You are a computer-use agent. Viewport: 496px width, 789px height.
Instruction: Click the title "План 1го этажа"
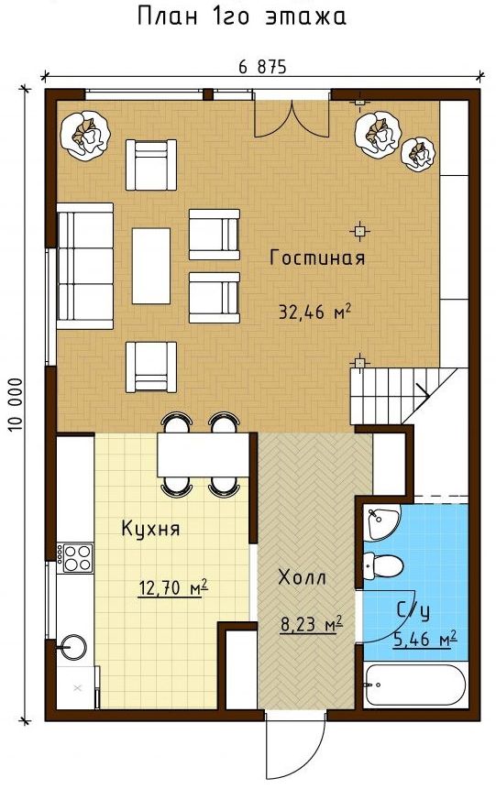(242, 16)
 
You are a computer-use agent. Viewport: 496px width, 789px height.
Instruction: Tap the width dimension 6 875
(262, 66)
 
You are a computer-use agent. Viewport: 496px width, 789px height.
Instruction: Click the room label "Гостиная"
(317, 258)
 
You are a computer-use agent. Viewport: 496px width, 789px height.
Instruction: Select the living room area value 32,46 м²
(314, 312)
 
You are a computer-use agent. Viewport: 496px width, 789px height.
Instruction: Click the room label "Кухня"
(150, 530)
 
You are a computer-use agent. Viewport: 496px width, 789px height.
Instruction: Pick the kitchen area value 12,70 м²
(172, 587)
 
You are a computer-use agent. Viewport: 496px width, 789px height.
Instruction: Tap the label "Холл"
(303, 577)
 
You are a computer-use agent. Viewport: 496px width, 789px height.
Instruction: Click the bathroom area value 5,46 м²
(425, 640)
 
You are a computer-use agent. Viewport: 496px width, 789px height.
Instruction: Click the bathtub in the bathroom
(415, 685)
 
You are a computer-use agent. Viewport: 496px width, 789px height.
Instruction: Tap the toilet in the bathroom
(383, 565)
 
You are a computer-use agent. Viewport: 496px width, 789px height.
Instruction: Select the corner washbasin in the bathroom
(381, 522)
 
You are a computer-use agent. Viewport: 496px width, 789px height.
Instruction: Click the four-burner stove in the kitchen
(75, 557)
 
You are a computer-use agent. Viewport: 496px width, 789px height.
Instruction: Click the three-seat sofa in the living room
(84, 266)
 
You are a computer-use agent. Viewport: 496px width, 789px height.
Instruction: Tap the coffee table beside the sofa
(151, 266)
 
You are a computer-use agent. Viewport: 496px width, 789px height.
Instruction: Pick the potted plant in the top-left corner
(85, 136)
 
